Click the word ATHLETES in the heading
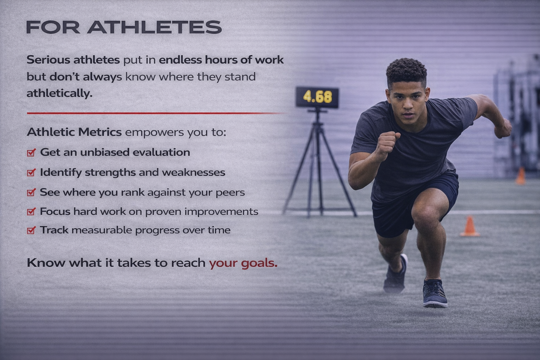[x=154, y=27]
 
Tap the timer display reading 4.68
[x=317, y=97]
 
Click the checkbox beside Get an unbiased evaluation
[x=31, y=152]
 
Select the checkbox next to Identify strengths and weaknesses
[x=31, y=172]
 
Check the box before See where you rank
[x=31, y=192]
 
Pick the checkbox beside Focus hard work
[x=31, y=211]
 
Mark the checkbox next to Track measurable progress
[x=31, y=230]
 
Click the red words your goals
[x=243, y=263]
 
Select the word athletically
[x=59, y=94]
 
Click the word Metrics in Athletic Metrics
[x=100, y=132]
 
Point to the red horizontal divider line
[x=157, y=113]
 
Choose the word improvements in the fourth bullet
[x=221, y=212]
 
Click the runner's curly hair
[x=406, y=70]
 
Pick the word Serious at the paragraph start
[x=48, y=60]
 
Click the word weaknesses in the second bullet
[x=194, y=172]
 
